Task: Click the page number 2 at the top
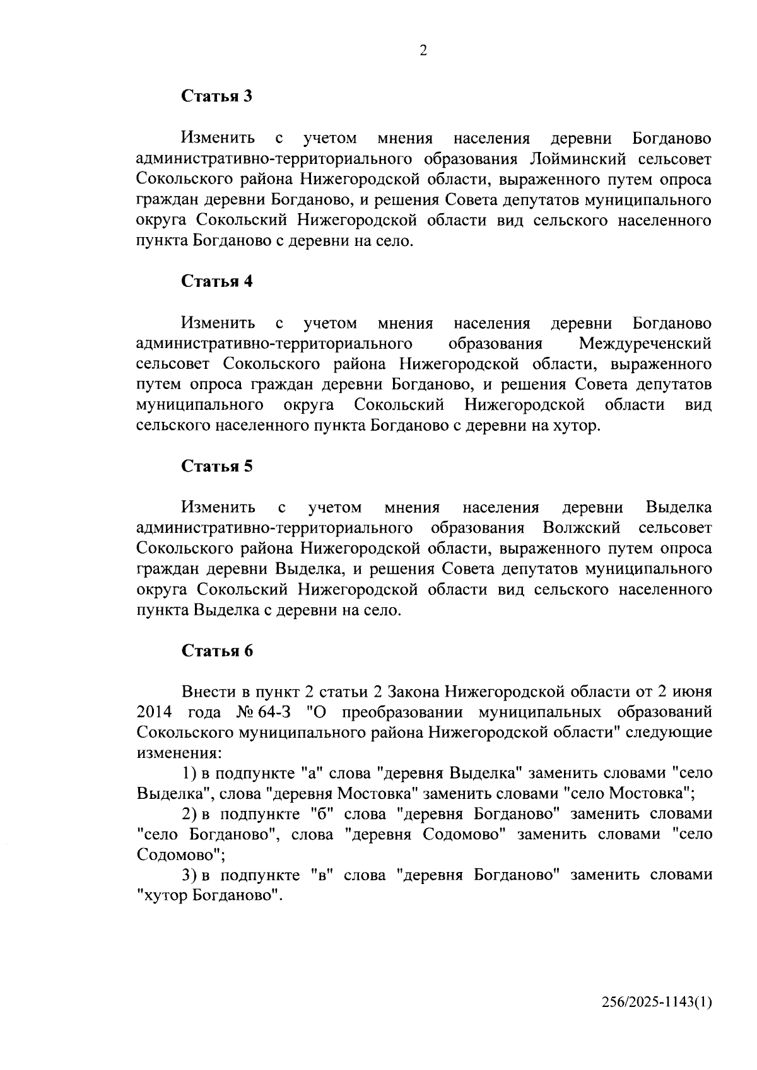(423, 51)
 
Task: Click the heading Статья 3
(217, 96)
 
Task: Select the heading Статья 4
(217, 281)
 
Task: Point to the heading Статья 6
(217, 651)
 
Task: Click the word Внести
(209, 692)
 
